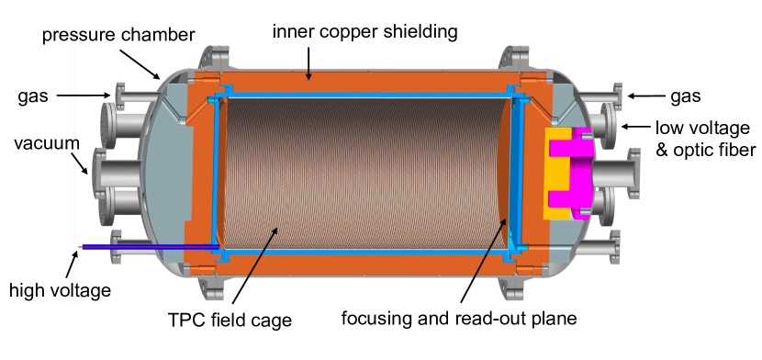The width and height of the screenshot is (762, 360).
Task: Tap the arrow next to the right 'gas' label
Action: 647,95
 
